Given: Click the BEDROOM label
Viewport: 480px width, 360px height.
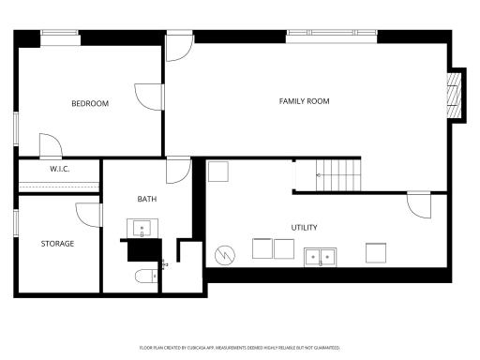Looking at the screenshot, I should click(x=90, y=103).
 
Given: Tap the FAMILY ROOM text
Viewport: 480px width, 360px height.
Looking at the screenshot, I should click(x=305, y=101).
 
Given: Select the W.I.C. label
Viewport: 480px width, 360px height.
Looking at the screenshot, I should click(x=60, y=169).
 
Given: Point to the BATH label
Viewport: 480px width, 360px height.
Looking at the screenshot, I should click(x=147, y=199).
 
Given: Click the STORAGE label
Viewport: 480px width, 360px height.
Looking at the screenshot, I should click(x=57, y=244).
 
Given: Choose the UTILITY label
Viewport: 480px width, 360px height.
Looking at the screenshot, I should click(x=304, y=228).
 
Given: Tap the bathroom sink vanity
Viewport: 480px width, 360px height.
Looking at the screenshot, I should click(x=142, y=229).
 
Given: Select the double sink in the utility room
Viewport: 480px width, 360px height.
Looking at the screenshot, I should click(x=321, y=254).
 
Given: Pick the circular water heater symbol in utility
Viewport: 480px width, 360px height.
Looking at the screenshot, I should click(x=225, y=254).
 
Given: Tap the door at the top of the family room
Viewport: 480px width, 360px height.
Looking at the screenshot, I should click(x=179, y=49).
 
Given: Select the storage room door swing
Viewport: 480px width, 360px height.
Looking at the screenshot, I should click(x=89, y=214).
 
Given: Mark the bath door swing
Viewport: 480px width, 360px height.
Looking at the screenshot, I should click(x=178, y=171).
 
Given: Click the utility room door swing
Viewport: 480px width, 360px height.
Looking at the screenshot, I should click(x=418, y=203).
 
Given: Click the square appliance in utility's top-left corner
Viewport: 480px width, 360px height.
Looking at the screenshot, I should click(x=218, y=172).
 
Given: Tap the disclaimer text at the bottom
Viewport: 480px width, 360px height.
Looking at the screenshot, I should click(x=239, y=347).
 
